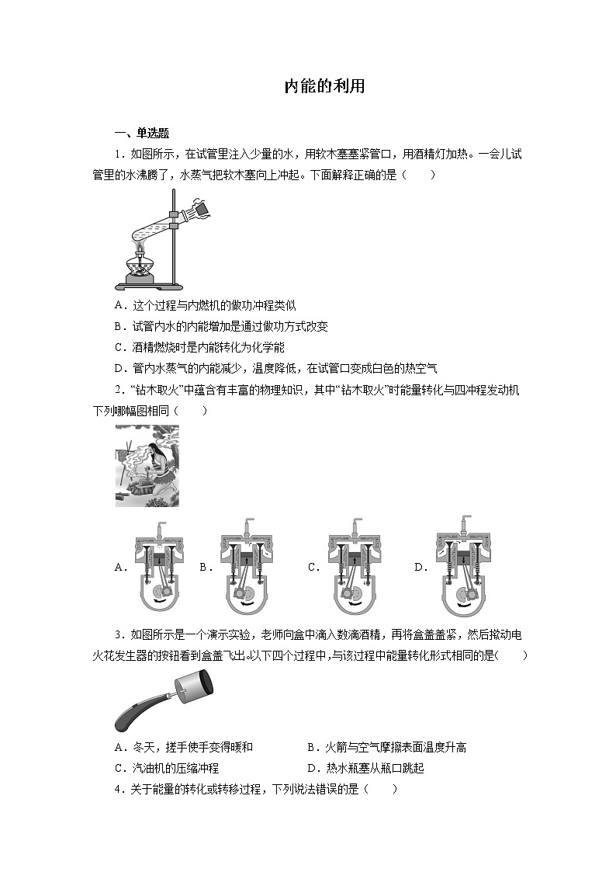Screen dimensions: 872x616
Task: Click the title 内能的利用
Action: coord(324,86)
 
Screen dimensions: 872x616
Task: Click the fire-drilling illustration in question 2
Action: coord(147,466)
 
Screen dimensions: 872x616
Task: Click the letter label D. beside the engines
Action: coord(420,568)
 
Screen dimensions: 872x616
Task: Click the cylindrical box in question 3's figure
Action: coord(193,686)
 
